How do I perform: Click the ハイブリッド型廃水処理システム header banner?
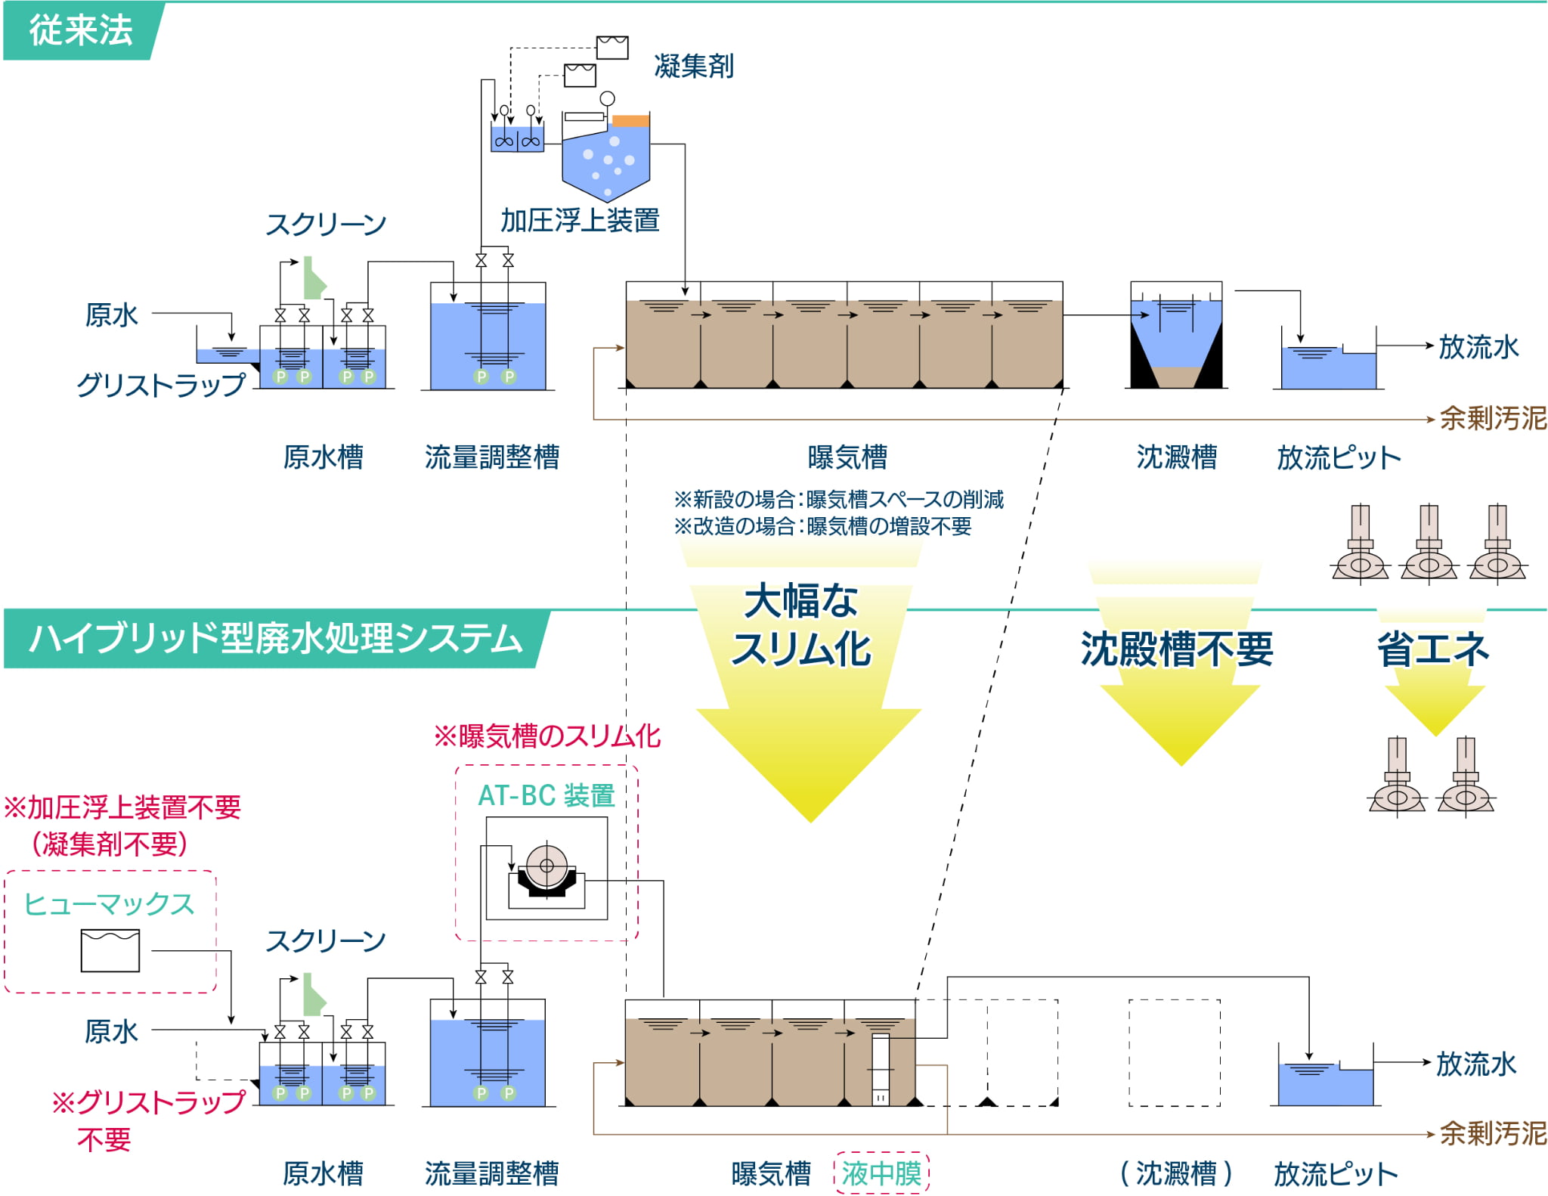tap(275, 639)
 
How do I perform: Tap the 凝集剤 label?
tap(693, 67)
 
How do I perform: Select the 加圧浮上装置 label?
tap(580, 221)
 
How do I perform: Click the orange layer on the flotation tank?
tap(630, 120)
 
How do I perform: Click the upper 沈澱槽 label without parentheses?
tap(1176, 457)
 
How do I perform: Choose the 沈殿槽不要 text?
tap(1176, 649)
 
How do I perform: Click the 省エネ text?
tap(1432, 649)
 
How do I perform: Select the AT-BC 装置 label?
tap(546, 795)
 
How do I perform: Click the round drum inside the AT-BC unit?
tap(546, 866)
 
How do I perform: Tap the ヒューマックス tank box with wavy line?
tap(110, 950)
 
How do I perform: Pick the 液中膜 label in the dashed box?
tap(881, 1173)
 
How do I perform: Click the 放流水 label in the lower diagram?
tap(1475, 1064)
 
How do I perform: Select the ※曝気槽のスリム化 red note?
tap(546, 736)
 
